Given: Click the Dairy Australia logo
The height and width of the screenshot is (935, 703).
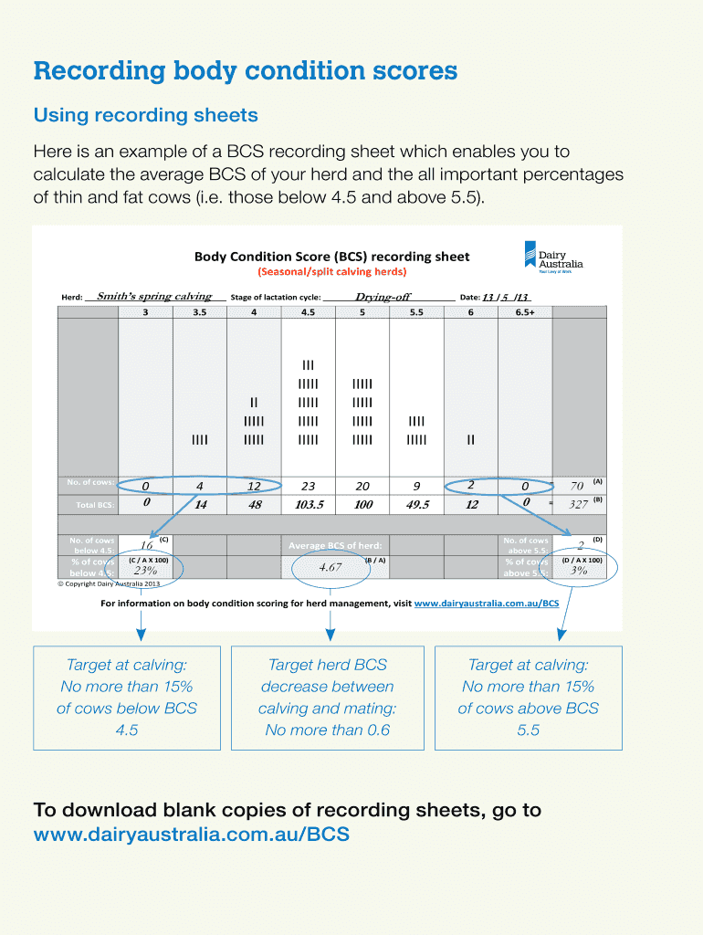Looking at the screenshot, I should tap(553, 257).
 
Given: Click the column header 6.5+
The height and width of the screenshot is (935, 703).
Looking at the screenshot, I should tap(525, 311).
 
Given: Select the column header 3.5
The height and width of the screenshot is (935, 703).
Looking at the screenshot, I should tap(200, 311).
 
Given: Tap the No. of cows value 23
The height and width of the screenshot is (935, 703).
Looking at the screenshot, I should tap(308, 487).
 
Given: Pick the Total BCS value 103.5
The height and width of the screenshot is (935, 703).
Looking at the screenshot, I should tap(310, 504).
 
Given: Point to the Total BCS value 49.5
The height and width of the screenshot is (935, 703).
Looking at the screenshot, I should tap(416, 504).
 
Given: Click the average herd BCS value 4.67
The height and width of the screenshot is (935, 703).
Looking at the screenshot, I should tap(330, 567).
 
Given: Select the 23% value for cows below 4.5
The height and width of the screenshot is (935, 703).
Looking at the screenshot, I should tap(146, 571).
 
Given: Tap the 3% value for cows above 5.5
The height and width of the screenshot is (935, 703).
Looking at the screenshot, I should tap(579, 571).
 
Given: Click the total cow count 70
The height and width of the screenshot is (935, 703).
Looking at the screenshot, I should tap(576, 486).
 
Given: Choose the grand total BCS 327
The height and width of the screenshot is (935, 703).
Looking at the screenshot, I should tap(578, 503).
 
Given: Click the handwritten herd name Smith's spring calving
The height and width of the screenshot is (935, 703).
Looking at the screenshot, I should tap(154, 296).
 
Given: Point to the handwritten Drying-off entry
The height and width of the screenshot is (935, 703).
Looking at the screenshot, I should tap(383, 296).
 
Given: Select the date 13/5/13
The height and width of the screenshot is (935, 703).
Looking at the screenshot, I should tap(506, 297).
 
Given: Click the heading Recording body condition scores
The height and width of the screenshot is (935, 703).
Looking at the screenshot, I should tap(245, 71).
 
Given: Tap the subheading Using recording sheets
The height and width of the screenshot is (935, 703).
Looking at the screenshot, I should tap(145, 115).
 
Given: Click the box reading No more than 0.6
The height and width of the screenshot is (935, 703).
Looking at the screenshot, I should tap(327, 698).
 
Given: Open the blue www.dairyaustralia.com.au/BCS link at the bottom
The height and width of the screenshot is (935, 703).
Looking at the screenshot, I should tap(191, 834).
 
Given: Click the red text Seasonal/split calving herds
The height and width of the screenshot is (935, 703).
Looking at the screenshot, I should tap(331, 271).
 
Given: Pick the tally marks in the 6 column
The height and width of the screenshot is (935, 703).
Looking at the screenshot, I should tap(470, 440).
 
